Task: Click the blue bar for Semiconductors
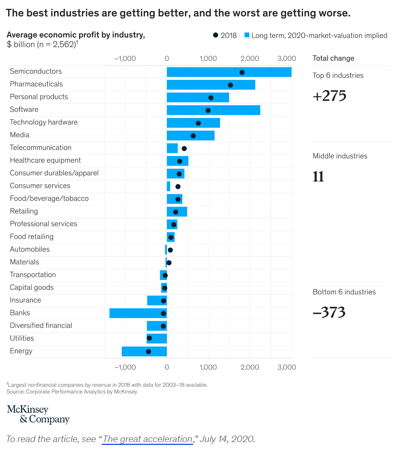click(229, 72)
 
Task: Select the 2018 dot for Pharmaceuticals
click(230, 85)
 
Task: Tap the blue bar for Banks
click(138, 313)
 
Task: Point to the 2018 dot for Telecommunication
click(184, 148)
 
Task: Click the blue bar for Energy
click(144, 351)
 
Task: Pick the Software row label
click(24, 110)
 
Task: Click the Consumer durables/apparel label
click(54, 173)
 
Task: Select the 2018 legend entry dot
click(216, 35)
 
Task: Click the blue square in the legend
click(247, 35)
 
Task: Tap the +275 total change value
click(330, 96)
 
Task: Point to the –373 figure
click(329, 313)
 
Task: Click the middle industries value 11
click(318, 177)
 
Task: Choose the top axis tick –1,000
click(125, 59)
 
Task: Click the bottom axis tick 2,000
click(250, 367)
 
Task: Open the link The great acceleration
click(147, 439)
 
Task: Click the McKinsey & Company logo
click(38, 414)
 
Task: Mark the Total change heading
click(333, 58)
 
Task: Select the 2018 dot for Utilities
click(149, 338)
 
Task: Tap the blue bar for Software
click(213, 110)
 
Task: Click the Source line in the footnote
click(72, 392)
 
